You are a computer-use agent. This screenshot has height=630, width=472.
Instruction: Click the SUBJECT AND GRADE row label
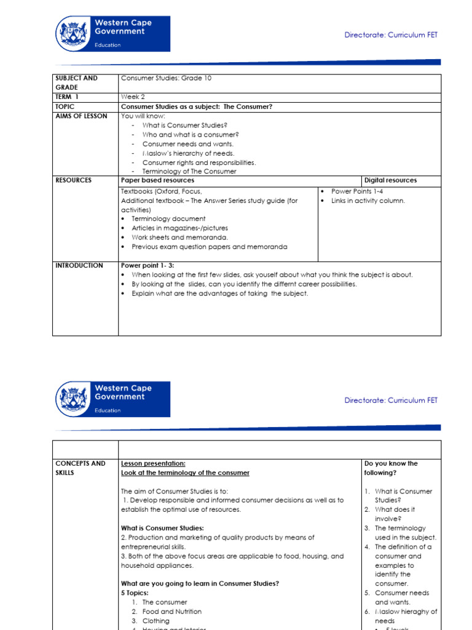(76, 83)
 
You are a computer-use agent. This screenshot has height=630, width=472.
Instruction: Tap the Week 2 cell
(133, 97)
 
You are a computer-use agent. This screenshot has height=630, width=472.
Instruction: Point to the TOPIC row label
(65, 106)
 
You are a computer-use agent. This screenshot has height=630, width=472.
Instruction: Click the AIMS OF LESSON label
(81, 116)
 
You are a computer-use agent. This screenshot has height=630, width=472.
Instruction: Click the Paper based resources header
(157, 180)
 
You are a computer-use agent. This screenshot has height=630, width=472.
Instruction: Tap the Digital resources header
(390, 180)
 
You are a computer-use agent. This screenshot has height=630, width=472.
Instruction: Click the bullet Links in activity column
(368, 201)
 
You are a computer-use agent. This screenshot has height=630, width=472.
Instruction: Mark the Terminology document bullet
(168, 219)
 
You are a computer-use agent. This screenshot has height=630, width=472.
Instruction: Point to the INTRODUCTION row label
(79, 265)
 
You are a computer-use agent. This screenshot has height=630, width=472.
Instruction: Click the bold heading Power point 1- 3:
(147, 265)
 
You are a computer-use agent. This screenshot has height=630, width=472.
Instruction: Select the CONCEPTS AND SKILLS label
(80, 468)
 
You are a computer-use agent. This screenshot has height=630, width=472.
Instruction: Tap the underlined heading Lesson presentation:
(153, 463)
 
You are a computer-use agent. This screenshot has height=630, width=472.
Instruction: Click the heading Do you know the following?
(391, 468)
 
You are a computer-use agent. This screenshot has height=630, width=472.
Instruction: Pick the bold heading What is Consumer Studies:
(162, 528)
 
